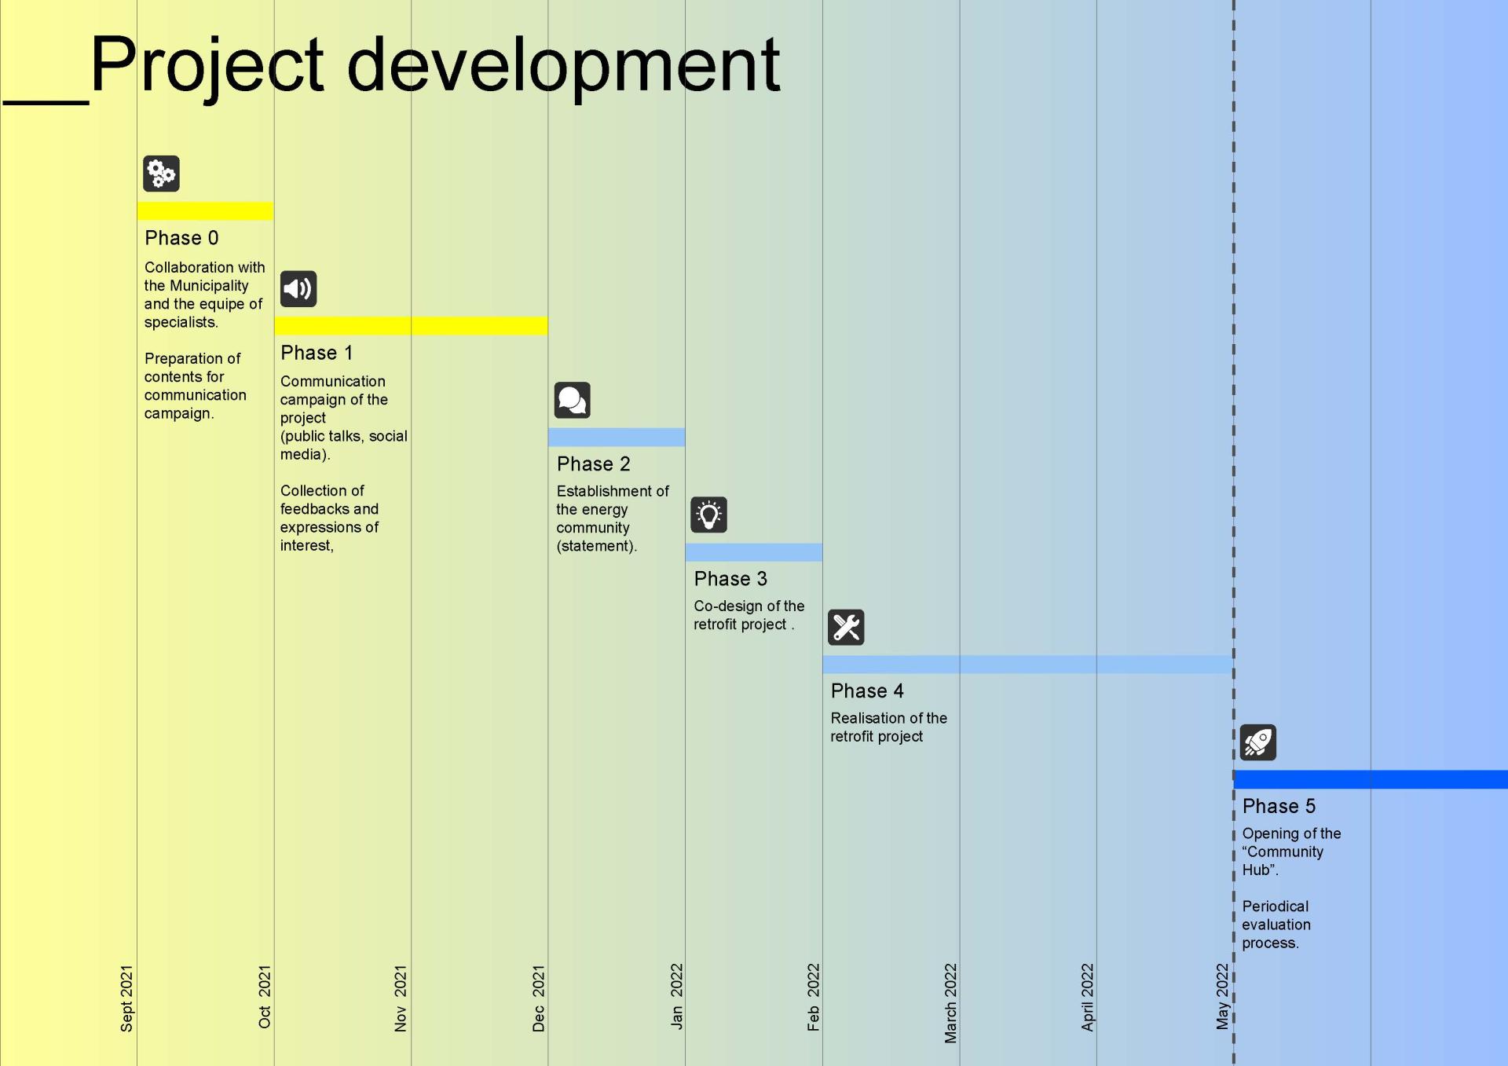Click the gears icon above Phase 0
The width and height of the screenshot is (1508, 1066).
point(161,174)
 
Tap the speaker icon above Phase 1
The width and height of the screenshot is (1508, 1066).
point(298,289)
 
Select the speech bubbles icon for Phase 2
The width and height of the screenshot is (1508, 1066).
point(572,401)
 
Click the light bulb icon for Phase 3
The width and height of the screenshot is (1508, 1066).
point(708,515)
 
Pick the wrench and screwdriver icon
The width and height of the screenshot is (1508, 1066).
point(846,628)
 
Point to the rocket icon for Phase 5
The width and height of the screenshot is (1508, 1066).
point(1258,742)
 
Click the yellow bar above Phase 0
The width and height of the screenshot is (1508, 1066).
point(206,211)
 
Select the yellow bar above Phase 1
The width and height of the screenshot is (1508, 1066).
point(412,326)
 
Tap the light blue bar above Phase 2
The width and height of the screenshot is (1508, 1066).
point(617,438)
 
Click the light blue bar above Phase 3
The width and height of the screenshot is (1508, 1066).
point(754,552)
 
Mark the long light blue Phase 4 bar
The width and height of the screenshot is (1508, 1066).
point(1028,665)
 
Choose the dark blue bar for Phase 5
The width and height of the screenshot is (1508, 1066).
point(1371,779)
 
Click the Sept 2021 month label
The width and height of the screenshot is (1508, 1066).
point(126,998)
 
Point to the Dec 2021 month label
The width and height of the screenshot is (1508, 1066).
point(538,998)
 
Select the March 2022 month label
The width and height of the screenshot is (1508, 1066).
point(950,1003)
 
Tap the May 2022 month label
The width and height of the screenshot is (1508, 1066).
point(1222,996)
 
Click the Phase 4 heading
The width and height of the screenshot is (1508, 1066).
point(867,691)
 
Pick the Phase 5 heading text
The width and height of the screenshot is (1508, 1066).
point(1279,807)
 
